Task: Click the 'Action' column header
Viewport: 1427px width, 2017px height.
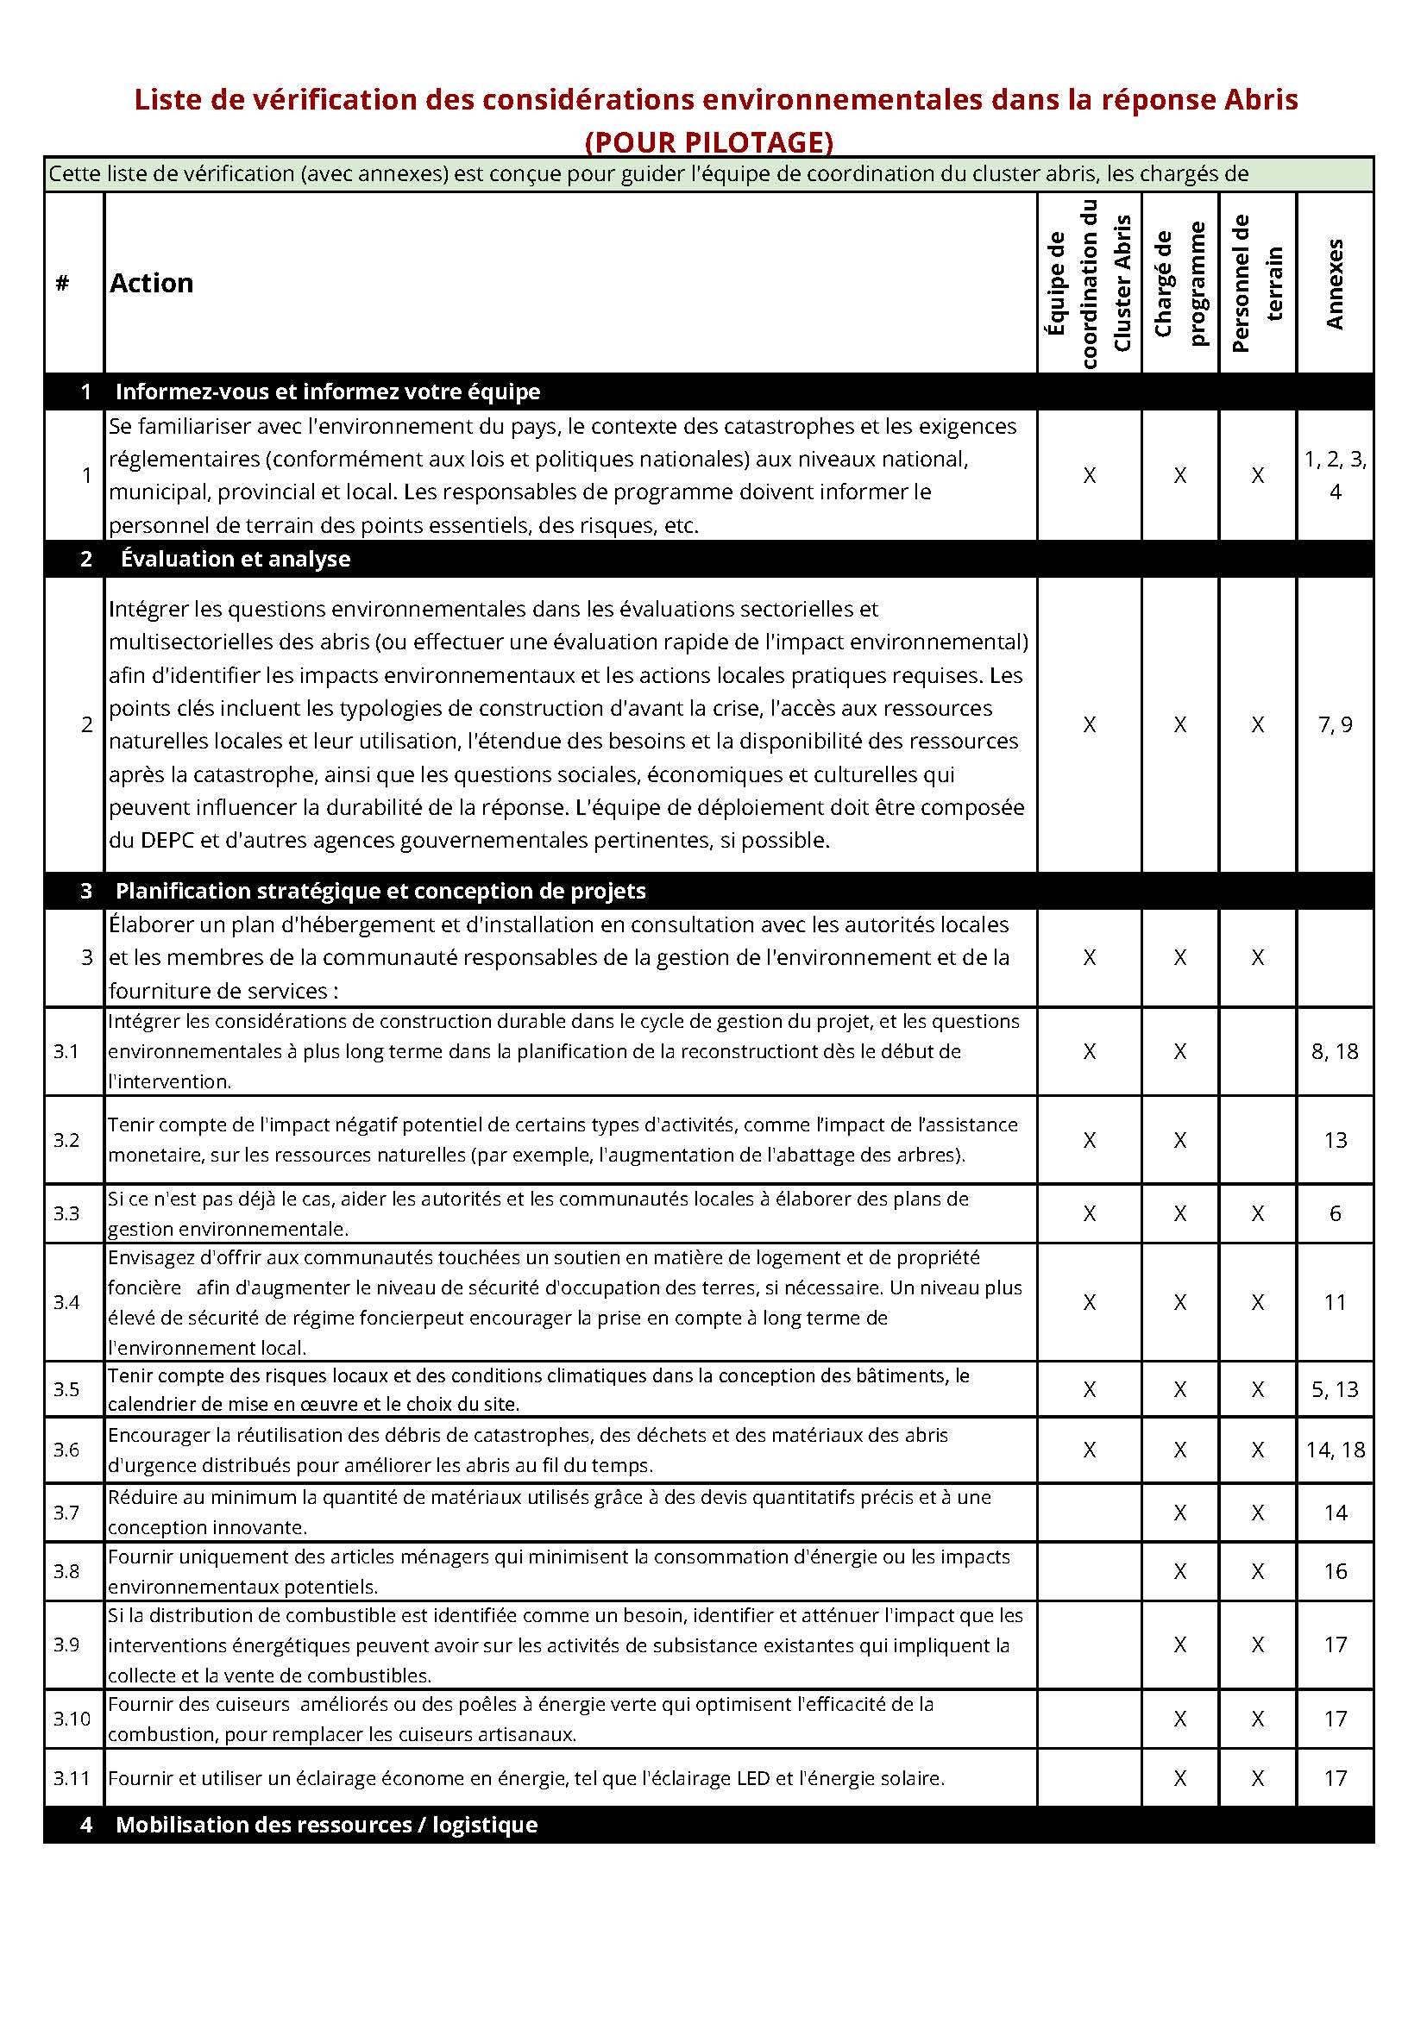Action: coord(151,283)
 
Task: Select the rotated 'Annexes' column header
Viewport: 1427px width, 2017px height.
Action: coord(1335,283)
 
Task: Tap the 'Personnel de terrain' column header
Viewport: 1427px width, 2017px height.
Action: coord(1257,283)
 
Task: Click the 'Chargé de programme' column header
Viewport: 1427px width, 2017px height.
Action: coord(1180,283)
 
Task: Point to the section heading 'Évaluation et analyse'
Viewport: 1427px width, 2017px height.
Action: coord(236,559)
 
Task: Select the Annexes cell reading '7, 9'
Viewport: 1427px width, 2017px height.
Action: coord(1335,724)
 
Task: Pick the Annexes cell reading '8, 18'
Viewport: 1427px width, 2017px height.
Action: coord(1335,1051)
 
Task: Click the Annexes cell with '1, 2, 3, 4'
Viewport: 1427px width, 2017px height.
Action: coord(1335,475)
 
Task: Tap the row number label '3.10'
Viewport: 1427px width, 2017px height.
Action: coord(72,1719)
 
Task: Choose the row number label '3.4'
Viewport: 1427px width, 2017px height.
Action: coord(66,1302)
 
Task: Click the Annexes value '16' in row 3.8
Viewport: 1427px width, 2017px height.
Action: coord(1335,1572)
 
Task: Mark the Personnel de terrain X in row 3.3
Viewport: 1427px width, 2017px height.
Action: coord(1257,1214)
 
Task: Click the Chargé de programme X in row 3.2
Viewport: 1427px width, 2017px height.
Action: coord(1180,1140)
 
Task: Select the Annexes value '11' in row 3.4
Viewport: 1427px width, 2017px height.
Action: coord(1335,1302)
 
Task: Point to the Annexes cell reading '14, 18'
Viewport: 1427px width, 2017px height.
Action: coord(1335,1450)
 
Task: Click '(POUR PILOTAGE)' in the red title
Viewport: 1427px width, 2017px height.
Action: coord(709,141)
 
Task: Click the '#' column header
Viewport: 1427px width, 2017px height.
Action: coord(62,283)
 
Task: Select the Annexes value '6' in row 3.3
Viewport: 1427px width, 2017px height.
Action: coord(1335,1214)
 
